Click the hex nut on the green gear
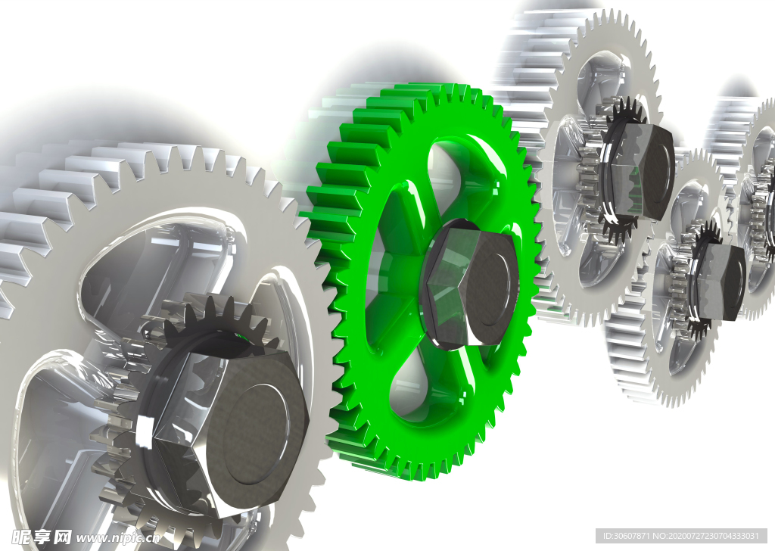[469, 282]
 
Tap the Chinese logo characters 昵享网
[42, 537]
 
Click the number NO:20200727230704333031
[706, 536]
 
